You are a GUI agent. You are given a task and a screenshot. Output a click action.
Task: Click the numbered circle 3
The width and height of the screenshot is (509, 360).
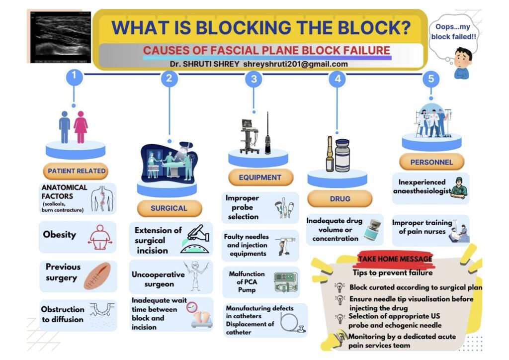[254, 79]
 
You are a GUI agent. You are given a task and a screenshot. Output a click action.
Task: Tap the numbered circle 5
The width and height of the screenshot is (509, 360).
[431, 79]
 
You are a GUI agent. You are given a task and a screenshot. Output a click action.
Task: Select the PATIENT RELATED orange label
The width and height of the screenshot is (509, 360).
[76, 171]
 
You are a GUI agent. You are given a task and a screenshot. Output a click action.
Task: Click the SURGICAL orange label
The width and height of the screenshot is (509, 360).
[169, 208]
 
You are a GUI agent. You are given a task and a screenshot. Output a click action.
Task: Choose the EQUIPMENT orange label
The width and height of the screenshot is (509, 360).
[260, 177]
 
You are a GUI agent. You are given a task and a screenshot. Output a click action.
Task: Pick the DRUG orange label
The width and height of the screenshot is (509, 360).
[340, 199]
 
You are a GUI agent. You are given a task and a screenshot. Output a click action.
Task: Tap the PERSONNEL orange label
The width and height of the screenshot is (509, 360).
[431, 162]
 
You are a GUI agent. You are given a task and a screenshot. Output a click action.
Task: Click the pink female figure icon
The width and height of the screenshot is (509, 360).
[81, 127]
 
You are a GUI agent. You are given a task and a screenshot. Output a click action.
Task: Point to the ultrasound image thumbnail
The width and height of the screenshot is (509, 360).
[61, 37]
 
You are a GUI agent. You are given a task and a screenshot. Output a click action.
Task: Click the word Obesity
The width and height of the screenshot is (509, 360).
[60, 234]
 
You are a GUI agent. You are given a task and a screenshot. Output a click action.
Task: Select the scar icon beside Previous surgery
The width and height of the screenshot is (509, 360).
[97, 276]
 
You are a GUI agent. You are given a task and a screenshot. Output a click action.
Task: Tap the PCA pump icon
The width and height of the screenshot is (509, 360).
[286, 282]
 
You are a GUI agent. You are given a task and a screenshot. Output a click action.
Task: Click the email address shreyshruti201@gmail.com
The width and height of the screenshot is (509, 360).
[295, 64]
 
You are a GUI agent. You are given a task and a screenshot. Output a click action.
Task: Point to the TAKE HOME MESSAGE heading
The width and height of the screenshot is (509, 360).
[395, 259]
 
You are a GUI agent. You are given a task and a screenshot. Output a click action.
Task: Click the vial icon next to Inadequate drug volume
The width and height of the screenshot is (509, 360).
[373, 230]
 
